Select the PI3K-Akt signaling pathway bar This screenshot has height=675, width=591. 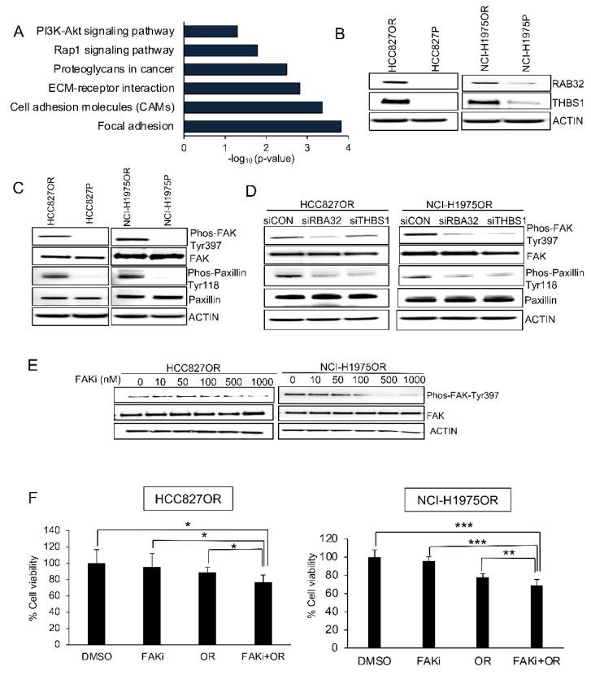point(211,31)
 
